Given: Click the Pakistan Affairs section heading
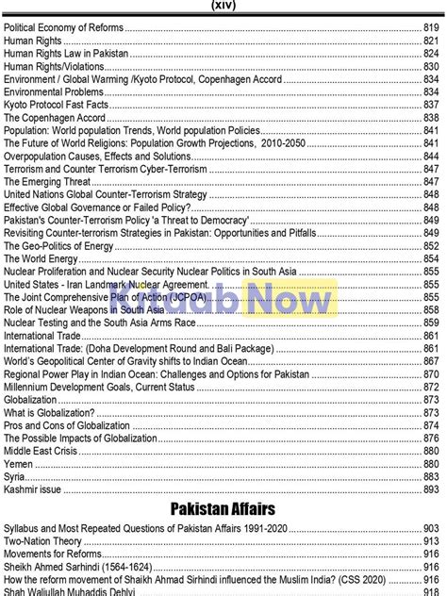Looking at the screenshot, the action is pyautogui.click(x=223, y=509).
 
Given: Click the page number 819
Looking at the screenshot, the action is pyautogui.click(x=431, y=29).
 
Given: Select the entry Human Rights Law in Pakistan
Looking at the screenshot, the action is pyautogui.click(x=66, y=55).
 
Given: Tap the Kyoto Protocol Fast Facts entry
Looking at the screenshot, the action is pyautogui.click(x=55, y=106).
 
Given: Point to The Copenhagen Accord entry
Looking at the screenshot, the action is pyautogui.click(x=55, y=119).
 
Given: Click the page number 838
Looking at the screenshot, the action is pyautogui.click(x=431, y=119).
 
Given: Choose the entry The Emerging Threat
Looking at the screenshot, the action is pyautogui.click(x=47, y=182).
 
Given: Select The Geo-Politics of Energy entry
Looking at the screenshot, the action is pyautogui.click(x=58, y=246).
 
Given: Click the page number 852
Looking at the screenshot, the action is pyautogui.click(x=431, y=246).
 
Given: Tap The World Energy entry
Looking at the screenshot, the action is pyautogui.click(x=41, y=258).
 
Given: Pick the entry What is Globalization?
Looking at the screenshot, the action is pyautogui.click(x=49, y=412).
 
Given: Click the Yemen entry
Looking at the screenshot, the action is pyautogui.click(x=19, y=464).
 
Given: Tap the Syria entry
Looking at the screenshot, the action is pyautogui.click(x=15, y=477).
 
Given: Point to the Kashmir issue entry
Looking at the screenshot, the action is pyautogui.click(x=32, y=489).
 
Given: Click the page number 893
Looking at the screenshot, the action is pyautogui.click(x=431, y=489).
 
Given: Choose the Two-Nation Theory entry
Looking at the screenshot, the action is pyautogui.click(x=42, y=542).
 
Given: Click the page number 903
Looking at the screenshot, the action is pyautogui.click(x=431, y=529).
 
